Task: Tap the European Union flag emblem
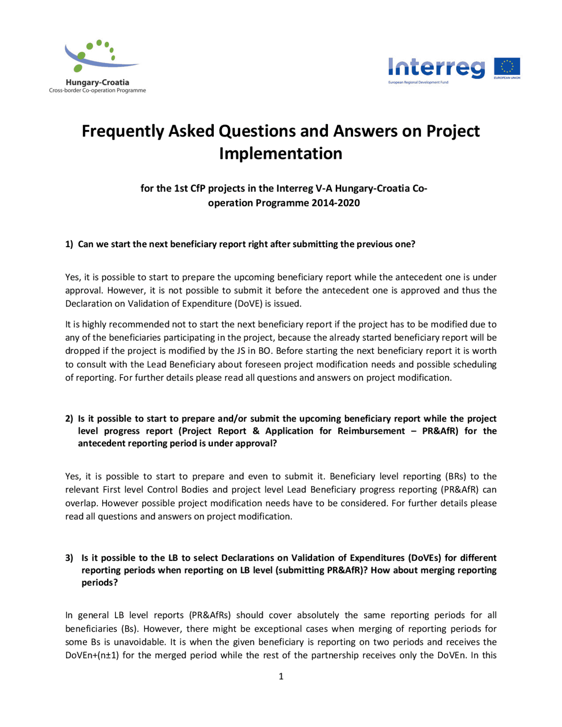click(507, 68)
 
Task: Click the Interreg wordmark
click(436, 68)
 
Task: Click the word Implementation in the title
click(281, 154)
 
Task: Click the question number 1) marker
click(69, 244)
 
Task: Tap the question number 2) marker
click(69, 418)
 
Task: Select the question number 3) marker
click(69, 558)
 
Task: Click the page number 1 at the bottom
click(281, 677)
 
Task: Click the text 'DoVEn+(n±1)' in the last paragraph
click(92, 655)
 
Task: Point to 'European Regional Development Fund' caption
click(418, 83)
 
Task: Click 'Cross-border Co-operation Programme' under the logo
click(97, 90)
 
